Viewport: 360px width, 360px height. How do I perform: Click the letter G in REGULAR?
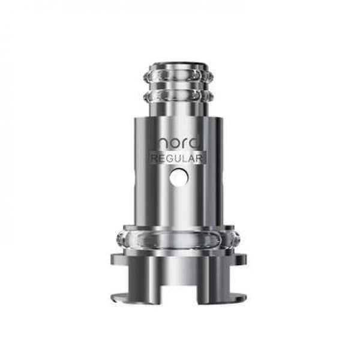[170, 158]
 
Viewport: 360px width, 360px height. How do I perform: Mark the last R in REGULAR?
[202, 158]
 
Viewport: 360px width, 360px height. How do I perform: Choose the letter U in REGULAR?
[178, 158]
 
